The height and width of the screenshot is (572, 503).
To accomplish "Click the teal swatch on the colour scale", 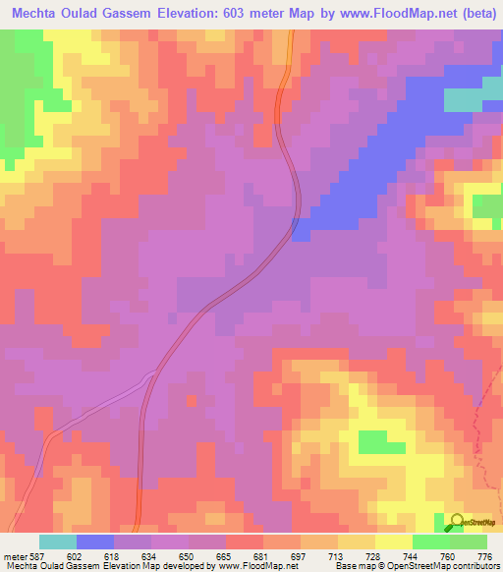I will tap(57, 542).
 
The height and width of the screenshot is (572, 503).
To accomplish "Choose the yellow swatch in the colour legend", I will tap(393, 542).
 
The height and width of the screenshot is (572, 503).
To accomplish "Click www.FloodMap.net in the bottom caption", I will tap(257, 566).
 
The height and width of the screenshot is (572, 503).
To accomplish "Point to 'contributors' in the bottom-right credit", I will tap(475, 566).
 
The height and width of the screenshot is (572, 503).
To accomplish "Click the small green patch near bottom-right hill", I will tap(372, 441).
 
